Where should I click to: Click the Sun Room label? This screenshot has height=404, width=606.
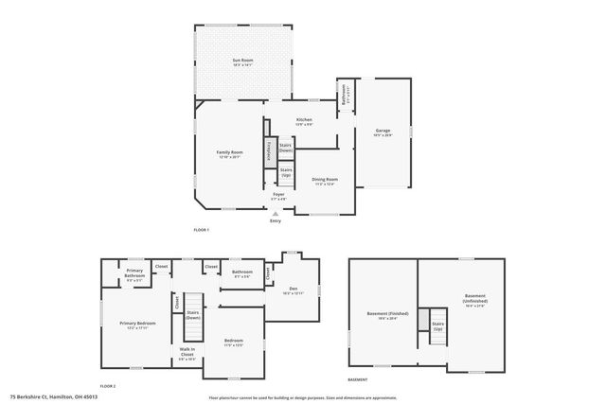pos(241,62)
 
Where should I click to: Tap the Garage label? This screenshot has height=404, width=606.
pos(383,132)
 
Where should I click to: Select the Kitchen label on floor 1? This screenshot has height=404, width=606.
pos(304,122)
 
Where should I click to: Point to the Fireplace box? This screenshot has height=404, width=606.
pos(269,152)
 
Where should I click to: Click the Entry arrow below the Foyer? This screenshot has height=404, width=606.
pos(276,214)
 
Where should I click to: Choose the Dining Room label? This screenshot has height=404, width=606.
pos(326,181)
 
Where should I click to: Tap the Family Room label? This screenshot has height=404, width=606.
pos(230,154)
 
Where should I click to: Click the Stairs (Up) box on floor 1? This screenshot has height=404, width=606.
pos(285,174)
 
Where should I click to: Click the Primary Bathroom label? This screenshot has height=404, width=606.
pos(134,276)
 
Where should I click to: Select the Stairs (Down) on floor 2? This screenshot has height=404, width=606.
pos(192,314)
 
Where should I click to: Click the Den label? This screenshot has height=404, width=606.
pos(294,290)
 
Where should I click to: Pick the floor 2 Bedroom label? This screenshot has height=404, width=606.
pos(234,343)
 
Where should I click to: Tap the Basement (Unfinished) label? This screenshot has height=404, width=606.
pos(474,300)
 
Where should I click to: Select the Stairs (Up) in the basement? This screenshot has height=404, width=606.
pos(437,325)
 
